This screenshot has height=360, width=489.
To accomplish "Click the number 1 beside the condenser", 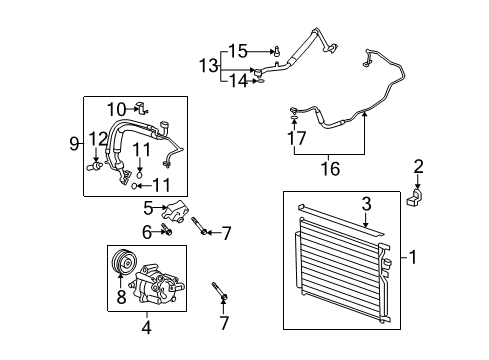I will (415, 257).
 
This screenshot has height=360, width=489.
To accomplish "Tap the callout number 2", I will (419, 166).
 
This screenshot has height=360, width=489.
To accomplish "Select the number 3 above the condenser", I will (367, 204).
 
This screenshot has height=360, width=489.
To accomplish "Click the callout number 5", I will (147, 209).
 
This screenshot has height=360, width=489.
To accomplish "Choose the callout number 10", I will (116, 109).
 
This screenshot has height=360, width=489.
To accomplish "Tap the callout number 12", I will (96, 138).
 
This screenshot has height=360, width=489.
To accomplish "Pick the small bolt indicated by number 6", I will (165, 234).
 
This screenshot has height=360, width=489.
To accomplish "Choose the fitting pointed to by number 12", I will (97, 158).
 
